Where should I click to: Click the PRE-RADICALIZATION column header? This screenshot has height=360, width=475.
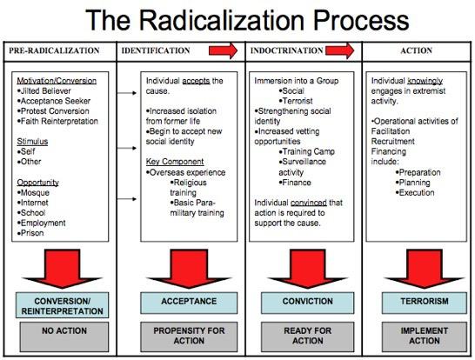54,50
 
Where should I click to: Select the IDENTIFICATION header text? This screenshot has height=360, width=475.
156,50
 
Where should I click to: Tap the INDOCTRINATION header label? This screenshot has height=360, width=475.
286,50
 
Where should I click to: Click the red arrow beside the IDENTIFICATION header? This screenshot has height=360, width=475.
224,50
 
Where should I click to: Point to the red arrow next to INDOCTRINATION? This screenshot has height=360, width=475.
339,50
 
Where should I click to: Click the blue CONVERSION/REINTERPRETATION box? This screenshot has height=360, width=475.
62,305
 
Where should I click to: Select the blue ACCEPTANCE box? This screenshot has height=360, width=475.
189,303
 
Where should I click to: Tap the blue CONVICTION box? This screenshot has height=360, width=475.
307,303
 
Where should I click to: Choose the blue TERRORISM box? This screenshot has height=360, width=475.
425,303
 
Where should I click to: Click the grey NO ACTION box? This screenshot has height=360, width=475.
64,337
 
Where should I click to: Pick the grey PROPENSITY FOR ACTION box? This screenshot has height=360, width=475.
189,337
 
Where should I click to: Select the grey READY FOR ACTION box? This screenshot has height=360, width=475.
307,337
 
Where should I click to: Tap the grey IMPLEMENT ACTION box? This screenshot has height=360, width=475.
425,337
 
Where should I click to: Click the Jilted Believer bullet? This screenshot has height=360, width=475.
43,90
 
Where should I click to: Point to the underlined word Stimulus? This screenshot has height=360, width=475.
32,142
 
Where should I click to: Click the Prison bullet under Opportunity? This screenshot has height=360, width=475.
30,233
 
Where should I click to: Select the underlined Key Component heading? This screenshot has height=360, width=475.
175,162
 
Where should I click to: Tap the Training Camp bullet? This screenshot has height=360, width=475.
306,151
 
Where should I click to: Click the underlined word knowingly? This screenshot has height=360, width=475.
425,81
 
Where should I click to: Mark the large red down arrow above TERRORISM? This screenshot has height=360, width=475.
425,268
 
